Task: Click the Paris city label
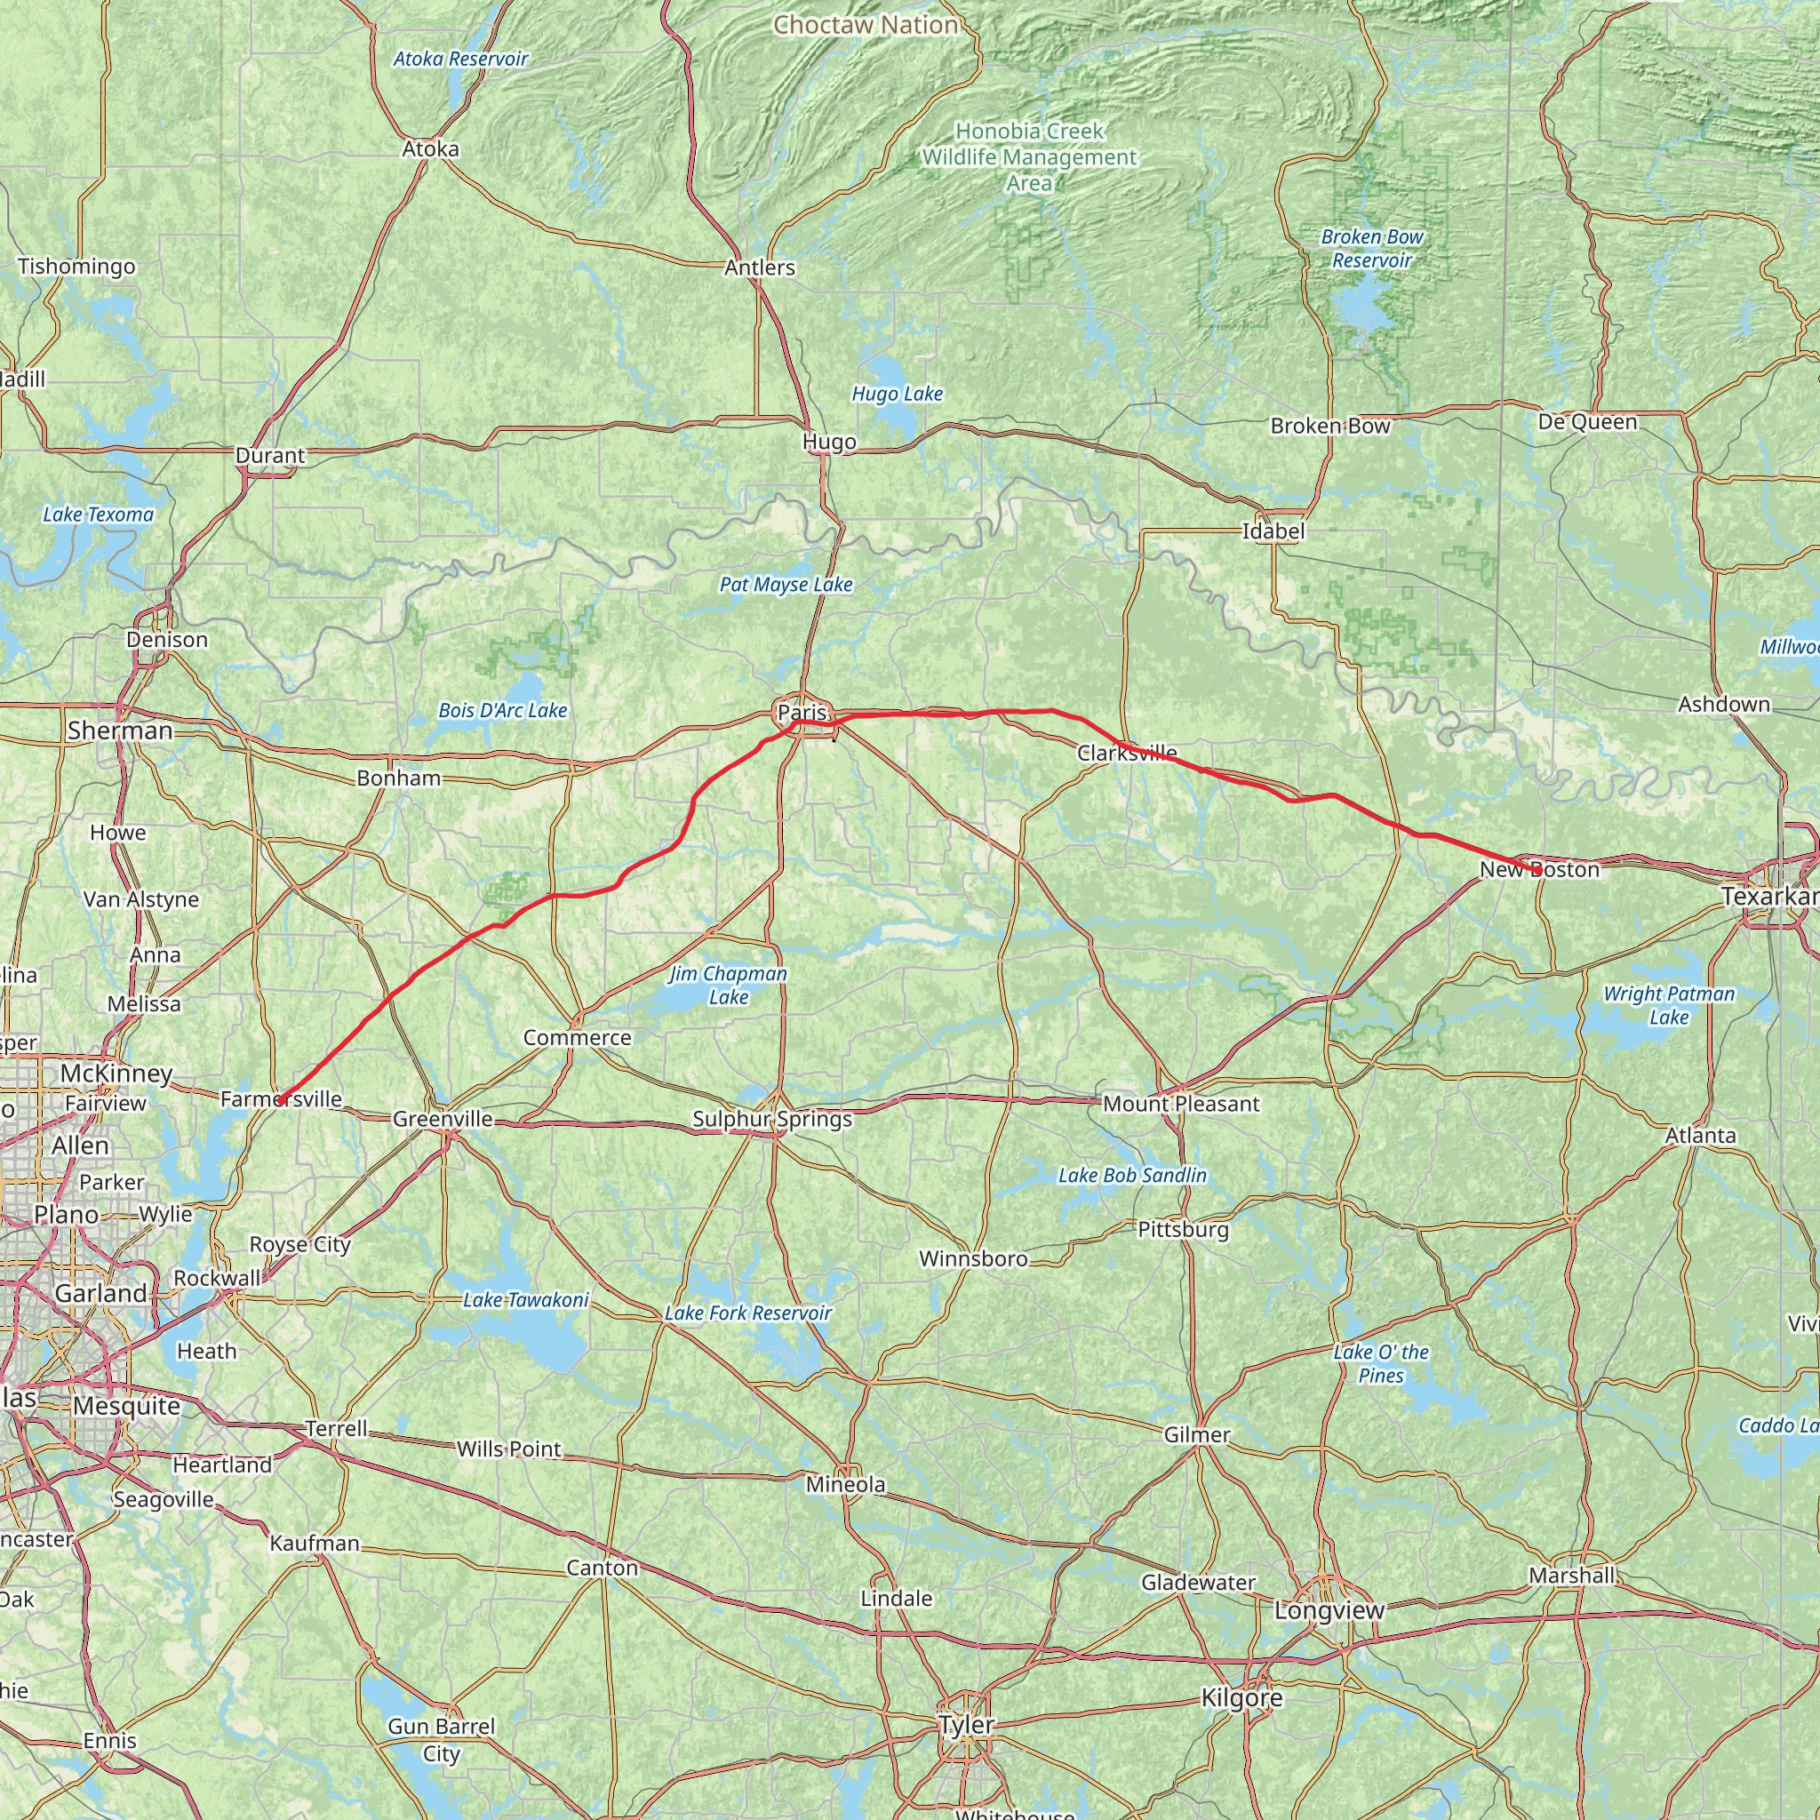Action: pos(802,713)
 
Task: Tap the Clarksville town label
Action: pos(1127,753)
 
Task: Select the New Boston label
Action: pos(1539,869)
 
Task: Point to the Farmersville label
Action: pos(281,1098)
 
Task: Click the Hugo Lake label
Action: pos(897,394)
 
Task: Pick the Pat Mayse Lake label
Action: pos(786,584)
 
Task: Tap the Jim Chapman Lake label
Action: pos(728,985)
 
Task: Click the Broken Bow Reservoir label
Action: pos(1371,249)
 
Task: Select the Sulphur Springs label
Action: pos(771,1119)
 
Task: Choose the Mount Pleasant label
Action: pos(1180,1103)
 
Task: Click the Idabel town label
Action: pos(1273,531)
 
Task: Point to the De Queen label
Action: pos(1587,421)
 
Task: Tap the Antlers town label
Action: pos(759,267)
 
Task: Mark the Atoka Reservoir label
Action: pos(460,59)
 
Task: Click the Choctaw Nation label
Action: pos(865,26)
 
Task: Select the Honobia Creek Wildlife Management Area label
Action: pos(1029,157)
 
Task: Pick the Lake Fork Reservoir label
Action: pos(748,1313)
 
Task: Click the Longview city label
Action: pos(1329,1610)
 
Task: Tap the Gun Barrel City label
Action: pos(441,1739)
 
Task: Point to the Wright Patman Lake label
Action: pos(1668,1005)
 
